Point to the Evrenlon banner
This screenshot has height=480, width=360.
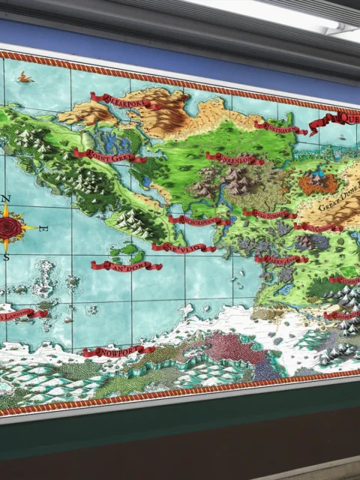235,157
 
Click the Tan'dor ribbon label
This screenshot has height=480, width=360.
126,265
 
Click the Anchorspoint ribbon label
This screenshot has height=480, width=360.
199,220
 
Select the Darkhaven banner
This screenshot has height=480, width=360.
280,259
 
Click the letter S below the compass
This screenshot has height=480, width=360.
6,257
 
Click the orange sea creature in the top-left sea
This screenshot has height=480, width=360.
27,76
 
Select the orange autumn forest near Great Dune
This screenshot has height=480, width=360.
318,181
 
